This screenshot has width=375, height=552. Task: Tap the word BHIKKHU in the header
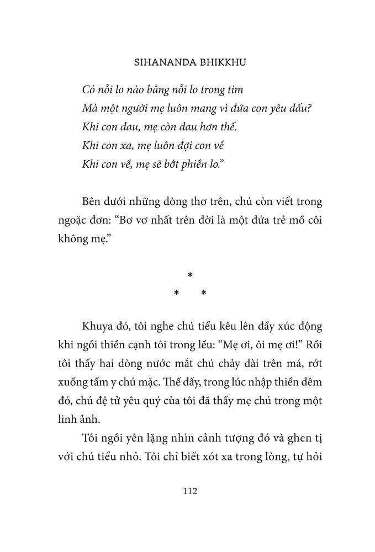219,63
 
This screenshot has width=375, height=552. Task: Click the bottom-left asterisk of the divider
176,294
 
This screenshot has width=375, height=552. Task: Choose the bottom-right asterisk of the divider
203,294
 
